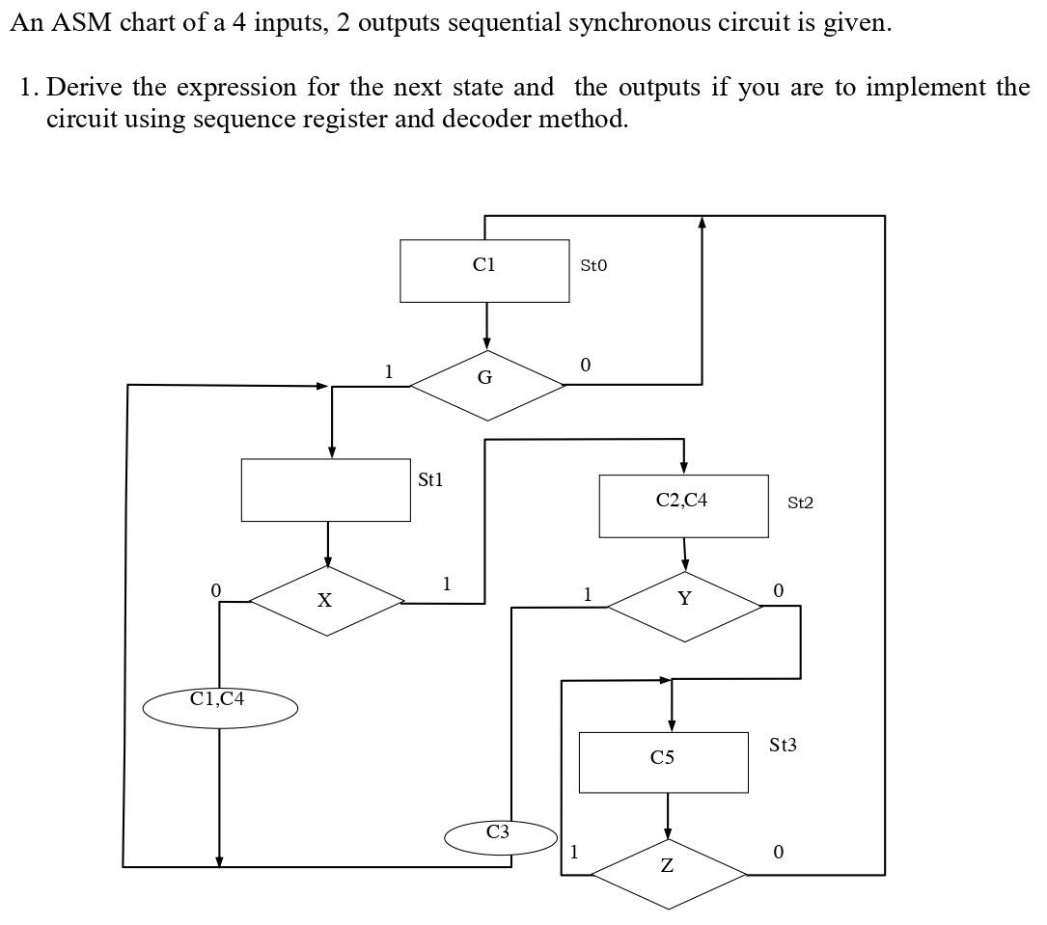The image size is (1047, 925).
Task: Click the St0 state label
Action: click(593, 265)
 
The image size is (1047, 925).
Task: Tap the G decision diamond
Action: click(486, 384)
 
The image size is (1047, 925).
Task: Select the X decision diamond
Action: click(327, 600)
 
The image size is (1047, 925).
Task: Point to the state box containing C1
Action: click(484, 271)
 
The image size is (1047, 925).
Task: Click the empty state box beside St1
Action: click(326, 490)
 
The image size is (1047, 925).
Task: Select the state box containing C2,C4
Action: click(683, 505)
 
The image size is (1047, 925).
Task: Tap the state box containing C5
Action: click(664, 762)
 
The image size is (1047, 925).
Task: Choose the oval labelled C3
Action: click(500, 835)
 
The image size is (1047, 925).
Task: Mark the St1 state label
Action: click(430, 479)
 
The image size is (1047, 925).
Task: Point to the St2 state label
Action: click(800, 503)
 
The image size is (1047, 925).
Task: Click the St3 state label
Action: click(783, 746)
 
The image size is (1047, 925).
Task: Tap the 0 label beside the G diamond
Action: click(585, 366)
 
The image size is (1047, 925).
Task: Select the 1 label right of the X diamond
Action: click(446, 584)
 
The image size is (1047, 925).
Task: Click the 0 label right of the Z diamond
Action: click(778, 853)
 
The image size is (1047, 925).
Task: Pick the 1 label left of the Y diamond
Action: click(587, 595)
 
